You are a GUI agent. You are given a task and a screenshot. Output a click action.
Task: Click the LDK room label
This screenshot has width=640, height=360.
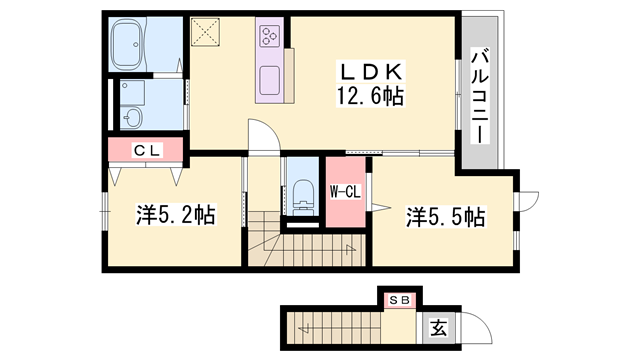point(371,72)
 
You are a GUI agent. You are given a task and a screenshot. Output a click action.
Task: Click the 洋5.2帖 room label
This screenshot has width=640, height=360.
point(176,214)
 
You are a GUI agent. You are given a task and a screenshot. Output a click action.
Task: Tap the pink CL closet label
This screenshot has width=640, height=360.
point(146,150)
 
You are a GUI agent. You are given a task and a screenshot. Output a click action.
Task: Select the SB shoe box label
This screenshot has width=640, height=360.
point(399,298)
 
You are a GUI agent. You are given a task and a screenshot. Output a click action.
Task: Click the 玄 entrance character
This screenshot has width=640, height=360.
point(437,326)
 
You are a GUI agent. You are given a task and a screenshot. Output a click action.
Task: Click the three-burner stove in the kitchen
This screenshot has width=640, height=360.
point(270,37)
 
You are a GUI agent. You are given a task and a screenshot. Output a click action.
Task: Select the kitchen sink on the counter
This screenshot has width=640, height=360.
point(271,79)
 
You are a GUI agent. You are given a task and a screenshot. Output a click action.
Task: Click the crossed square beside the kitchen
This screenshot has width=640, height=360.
point(210,33)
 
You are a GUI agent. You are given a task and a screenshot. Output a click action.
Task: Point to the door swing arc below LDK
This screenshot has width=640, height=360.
point(261,136)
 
